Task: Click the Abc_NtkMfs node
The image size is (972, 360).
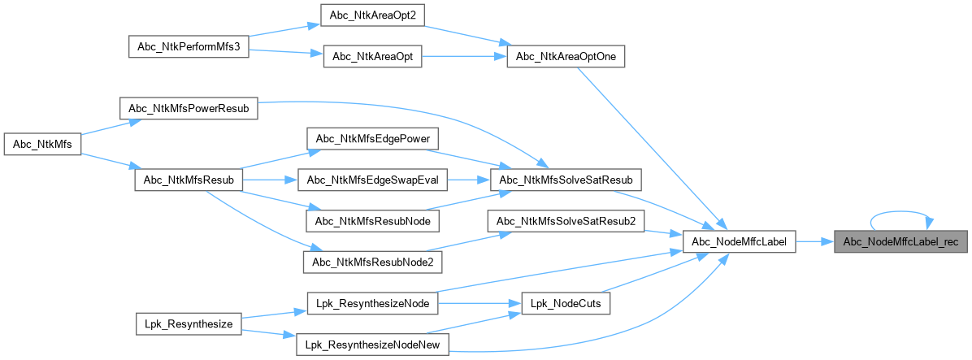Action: [x=41, y=145]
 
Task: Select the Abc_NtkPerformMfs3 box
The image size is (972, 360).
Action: [x=189, y=46]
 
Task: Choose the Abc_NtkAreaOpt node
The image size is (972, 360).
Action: [x=372, y=57]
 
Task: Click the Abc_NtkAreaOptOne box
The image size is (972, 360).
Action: [x=566, y=57]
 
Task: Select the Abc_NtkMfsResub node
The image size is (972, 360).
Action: [x=189, y=180]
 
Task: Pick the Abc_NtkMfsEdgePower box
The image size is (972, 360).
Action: [x=372, y=137]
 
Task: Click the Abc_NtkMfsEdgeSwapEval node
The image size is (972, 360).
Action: [x=372, y=179]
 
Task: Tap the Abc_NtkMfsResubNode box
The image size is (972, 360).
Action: [x=372, y=220]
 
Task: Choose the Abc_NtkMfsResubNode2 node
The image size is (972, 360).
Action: [x=372, y=262]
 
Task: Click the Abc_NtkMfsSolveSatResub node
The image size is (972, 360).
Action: [x=566, y=179]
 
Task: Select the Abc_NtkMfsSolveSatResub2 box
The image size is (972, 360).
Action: [x=566, y=220]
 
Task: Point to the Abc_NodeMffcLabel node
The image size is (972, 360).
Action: [x=739, y=241]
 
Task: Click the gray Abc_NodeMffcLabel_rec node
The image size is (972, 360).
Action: [x=900, y=241]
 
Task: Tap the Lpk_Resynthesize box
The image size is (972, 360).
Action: [x=189, y=323]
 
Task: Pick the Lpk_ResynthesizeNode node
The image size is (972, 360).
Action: [x=372, y=303]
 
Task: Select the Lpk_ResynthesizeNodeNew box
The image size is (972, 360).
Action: [x=372, y=345]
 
